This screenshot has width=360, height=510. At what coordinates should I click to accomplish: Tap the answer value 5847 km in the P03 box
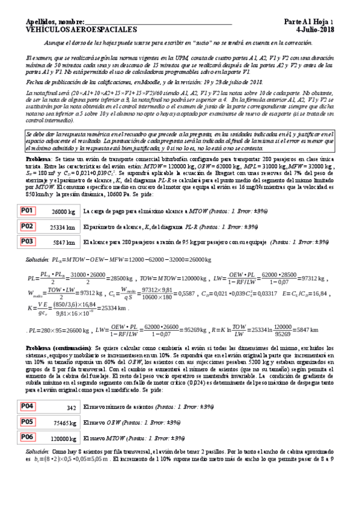tap(64, 242)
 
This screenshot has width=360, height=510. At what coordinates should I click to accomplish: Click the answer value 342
tap(71, 407)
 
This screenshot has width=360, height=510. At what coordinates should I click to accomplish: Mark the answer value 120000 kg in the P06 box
tap(62, 438)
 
